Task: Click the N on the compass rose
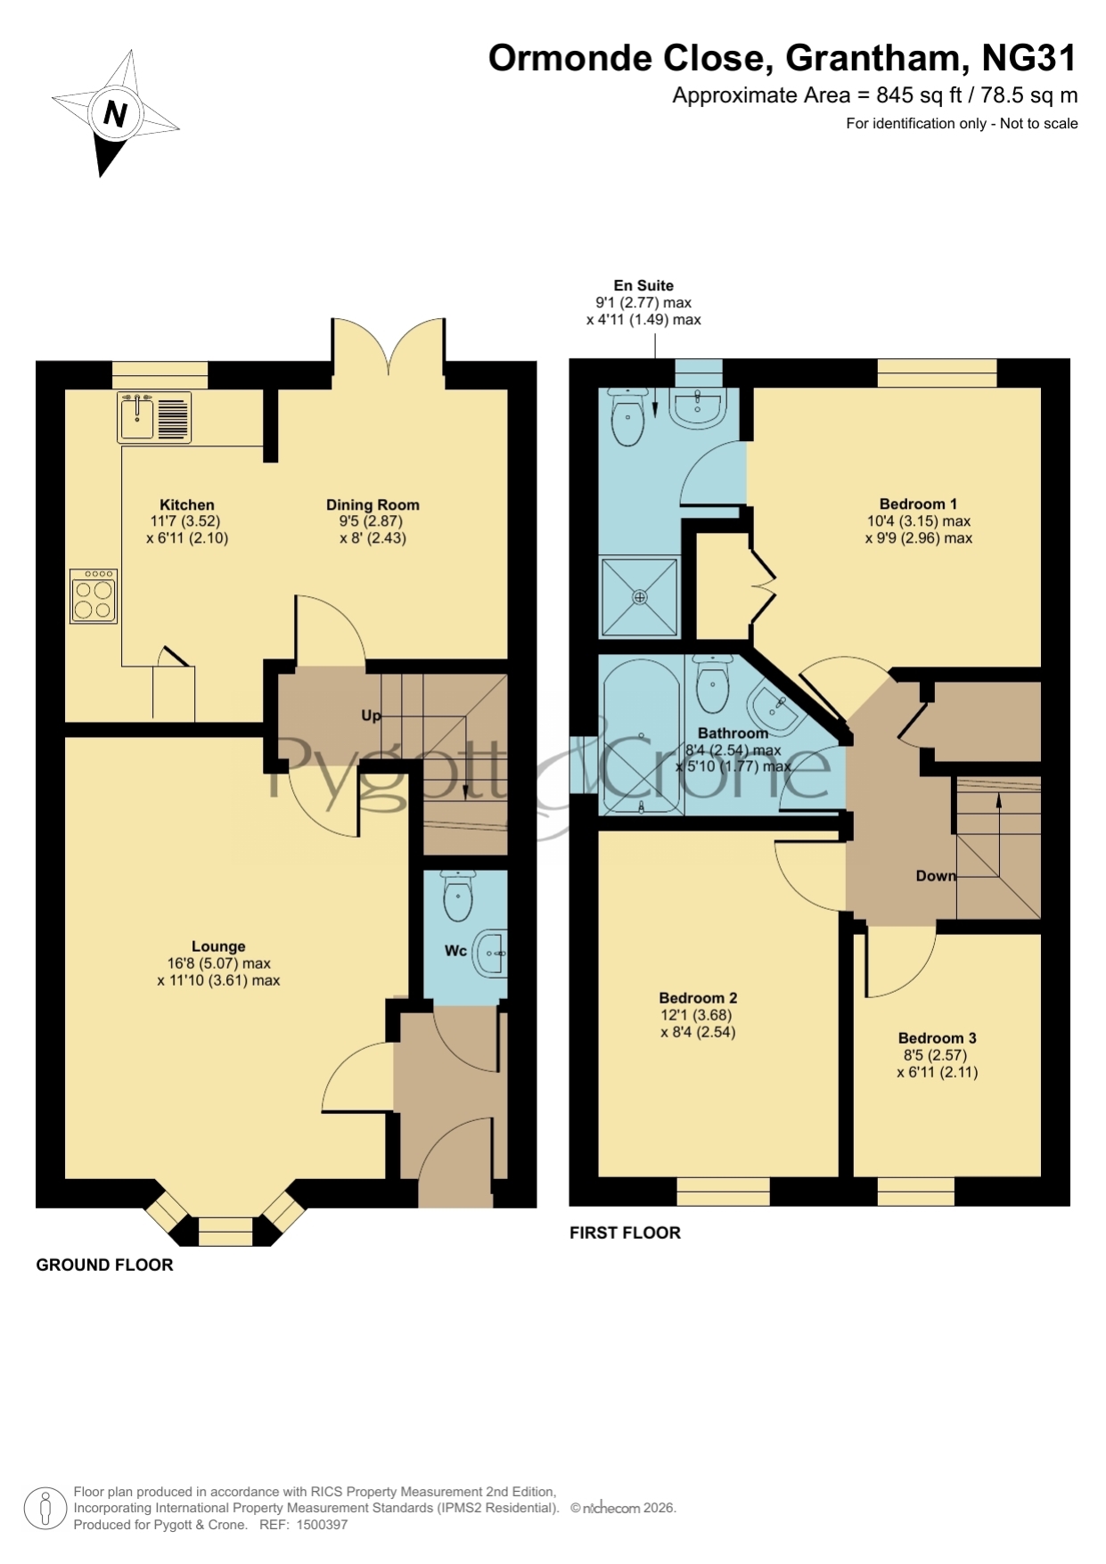tap(115, 113)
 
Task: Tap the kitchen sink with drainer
tap(154, 417)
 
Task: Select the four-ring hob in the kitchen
tap(94, 596)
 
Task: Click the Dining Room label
tap(373, 504)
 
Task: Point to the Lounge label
tap(218, 946)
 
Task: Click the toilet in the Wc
tap(458, 897)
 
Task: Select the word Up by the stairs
tap(371, 715)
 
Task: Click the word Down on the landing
tap(936, 876)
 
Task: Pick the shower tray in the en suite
tap(639, 597)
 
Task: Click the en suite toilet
tap(629, 416)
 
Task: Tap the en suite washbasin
tap(699, 407)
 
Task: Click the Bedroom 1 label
tap(918, 504)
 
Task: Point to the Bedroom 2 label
tap(698, 998)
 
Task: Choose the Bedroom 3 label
tap(937, 1038)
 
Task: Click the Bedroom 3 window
tap(915, 1191)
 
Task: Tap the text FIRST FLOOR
tap(625, 1232)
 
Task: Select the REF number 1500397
tap(322, 1525)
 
